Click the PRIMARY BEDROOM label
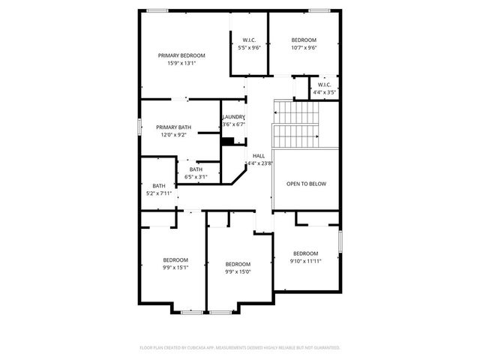(x=181, y=55)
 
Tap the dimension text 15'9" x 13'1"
(x=181, y=63)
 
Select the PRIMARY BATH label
(x=173, y=127)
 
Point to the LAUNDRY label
(x=233, y=117)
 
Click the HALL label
(x=258, y=155)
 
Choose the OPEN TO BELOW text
(x=305, y=184)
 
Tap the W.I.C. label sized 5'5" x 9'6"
(x=249, y=40)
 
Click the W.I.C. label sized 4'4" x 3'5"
(x=325, y=85)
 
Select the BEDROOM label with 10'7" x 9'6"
(x=304, y=40)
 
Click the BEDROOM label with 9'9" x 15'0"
(x=238, y=264)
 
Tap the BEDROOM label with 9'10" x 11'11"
(x=305, y=253)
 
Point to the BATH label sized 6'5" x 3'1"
(x=196, y=169)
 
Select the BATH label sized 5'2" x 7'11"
(x=159, y=186)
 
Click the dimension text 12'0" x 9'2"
(x=173, y=135)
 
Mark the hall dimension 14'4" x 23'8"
(x=258, y=163)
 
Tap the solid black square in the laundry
(x=227, y=140)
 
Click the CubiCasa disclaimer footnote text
(x=240, y=347)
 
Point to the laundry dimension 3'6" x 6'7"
(x=233, y=124)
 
